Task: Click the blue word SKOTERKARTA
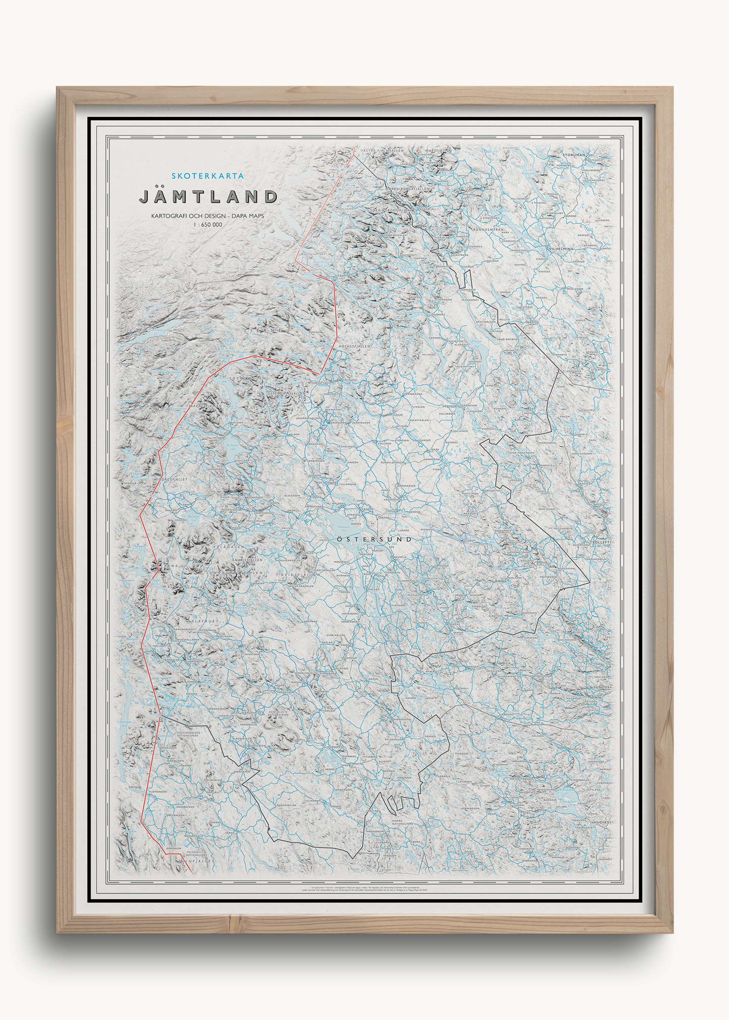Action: click(208, 176)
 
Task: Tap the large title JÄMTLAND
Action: click(208, 196)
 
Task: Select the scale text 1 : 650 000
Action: click(208, 225)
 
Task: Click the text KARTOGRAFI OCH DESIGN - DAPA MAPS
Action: click(208, 216)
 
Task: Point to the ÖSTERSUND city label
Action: click(373, 539)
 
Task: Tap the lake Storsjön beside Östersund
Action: click(348, 524)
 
